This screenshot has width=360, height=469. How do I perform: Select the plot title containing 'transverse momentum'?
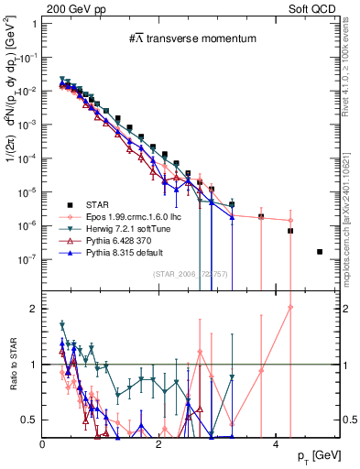pyautogui.click(x=191, y=39)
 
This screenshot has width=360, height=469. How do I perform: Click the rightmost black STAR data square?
pyautogui.click(x=320, y=251)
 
